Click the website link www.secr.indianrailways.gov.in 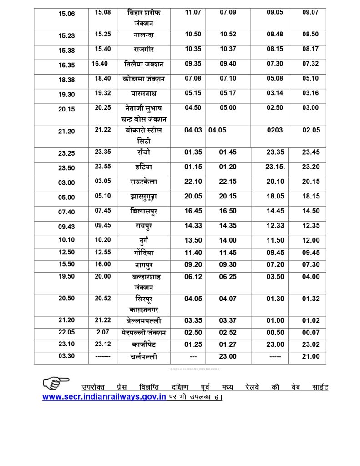(104, 397)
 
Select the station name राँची (143, 152)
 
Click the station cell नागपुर (143, 264)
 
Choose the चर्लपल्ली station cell (143, 357)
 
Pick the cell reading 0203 (274, 130)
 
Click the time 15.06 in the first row (66, 14)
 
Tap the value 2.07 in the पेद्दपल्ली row (102, 333)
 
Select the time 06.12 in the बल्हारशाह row (193, 277)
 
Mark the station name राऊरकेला (143, 182)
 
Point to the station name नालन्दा (143, 35)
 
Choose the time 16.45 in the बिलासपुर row (193, 211)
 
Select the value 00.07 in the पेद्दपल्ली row (311, 333)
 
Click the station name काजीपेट (143, 345)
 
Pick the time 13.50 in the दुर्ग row (193, 240)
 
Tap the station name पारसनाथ (143, 94)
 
